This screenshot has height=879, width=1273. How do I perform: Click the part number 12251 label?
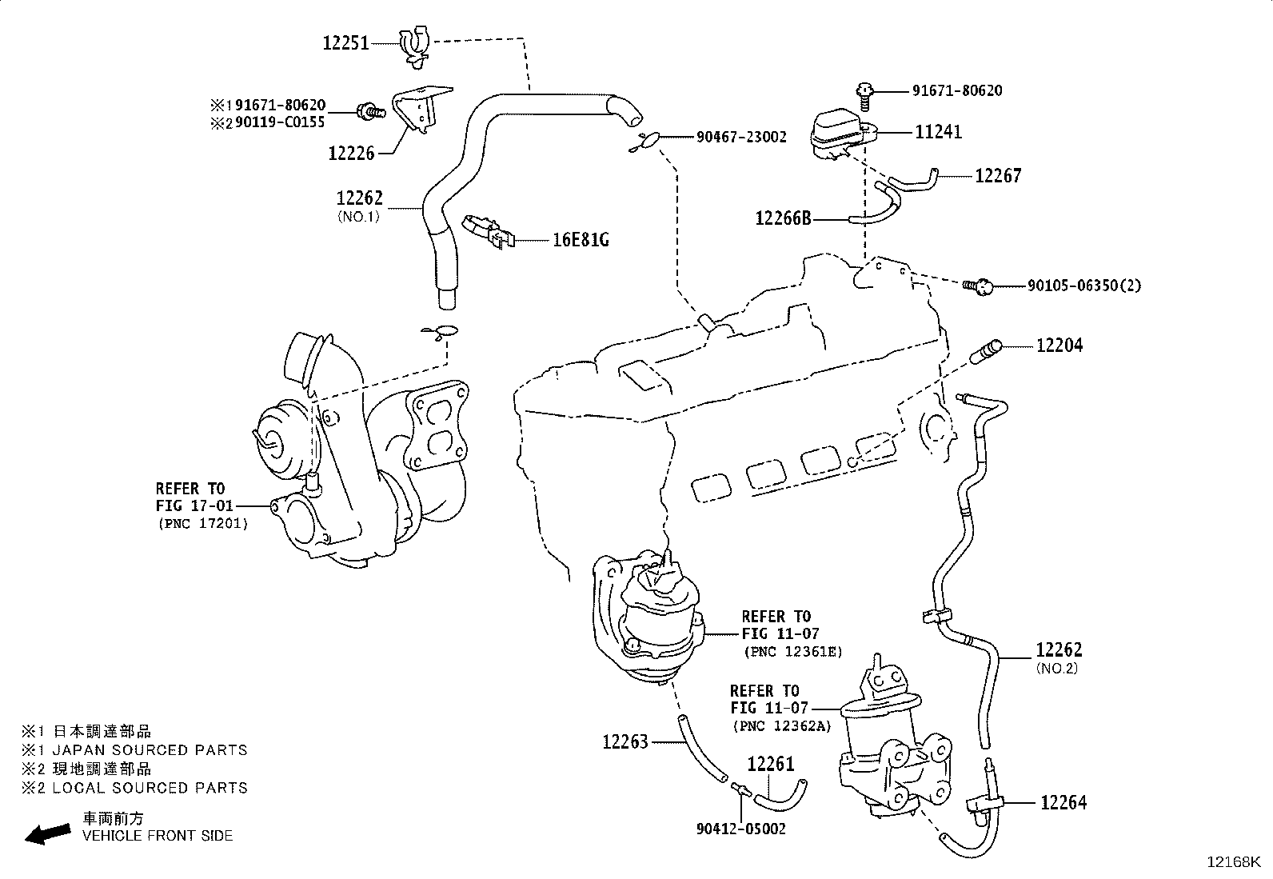tap(346, 43)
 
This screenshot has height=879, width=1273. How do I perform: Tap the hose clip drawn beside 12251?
tap(415, 46)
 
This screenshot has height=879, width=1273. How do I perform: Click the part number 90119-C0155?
tap(280, 122)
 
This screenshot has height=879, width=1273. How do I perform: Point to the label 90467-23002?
tap(741, 137)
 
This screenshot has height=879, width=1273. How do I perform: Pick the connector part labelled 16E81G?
tap(489, 231)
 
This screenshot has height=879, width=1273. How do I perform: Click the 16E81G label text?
tap(581, 240)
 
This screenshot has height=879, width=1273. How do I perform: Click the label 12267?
tap(998, 176)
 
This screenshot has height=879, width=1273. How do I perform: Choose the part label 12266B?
tap(783, 218)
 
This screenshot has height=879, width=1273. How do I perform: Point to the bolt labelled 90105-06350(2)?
tap(978, 286)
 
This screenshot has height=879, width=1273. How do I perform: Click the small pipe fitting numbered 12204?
tap(985, 351)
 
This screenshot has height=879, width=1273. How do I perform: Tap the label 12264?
tap(1063, 802)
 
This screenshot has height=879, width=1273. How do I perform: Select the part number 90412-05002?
tap(741, 829)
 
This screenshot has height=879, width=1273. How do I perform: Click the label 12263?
tap(625, 741)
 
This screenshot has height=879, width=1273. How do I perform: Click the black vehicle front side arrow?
tap(48, 834)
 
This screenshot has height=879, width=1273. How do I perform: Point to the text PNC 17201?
tap(203, 523)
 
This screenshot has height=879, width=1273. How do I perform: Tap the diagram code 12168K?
tap(1234, 862)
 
